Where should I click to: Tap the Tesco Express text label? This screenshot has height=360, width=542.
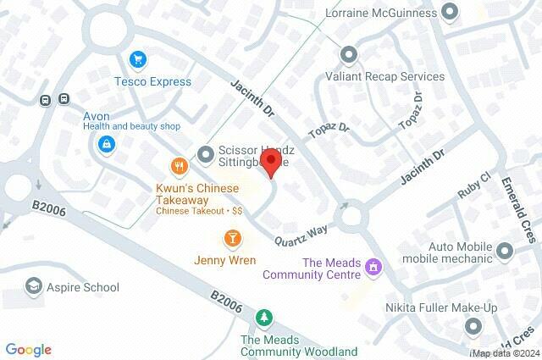pos(153,82)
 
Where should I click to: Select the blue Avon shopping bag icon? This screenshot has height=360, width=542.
pos(106,146)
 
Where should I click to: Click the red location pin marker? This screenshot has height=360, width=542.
pos(270,163)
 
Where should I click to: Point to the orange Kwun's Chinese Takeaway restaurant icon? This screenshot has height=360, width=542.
pos(178,166)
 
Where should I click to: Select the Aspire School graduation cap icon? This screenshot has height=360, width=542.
pos(35,286)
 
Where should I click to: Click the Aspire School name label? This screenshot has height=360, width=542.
pos(84,287)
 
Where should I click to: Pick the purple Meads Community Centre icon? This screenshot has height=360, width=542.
pos(372,268)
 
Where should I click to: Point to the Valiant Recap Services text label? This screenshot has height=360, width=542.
pos(385,76)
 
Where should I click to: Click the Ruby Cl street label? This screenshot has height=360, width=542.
pos(473,187)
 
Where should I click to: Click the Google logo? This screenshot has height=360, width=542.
pos(28,349)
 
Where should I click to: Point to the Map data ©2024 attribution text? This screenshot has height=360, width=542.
pos(506,352)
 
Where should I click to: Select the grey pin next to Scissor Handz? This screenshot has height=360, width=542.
pos(205,153)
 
